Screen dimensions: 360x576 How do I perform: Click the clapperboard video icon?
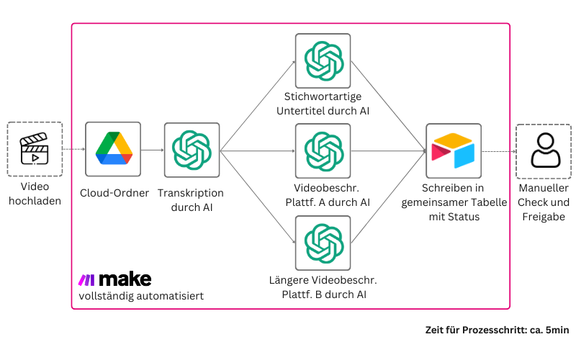tap(35, 149)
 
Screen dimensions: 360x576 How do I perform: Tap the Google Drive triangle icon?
tap(113, 149)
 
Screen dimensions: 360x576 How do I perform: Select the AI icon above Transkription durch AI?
tap(192, 150)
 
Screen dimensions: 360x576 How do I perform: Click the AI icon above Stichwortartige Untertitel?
tap(323, 60)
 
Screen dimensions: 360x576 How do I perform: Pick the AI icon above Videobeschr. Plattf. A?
tap(323, 150)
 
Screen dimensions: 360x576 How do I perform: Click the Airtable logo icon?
tap(453, 150)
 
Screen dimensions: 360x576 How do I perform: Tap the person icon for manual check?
tap(544, 150)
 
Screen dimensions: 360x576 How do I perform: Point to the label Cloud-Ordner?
tap(113, 193)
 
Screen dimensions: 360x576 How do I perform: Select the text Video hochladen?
tap(35, 194)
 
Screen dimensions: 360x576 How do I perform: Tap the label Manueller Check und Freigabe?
tap(544, 202)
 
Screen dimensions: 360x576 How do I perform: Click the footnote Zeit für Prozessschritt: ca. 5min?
tap(498, 330)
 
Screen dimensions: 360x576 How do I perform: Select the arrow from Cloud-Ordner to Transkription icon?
tap(151, 150)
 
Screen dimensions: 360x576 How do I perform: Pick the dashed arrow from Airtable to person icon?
tap(498, 151)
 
